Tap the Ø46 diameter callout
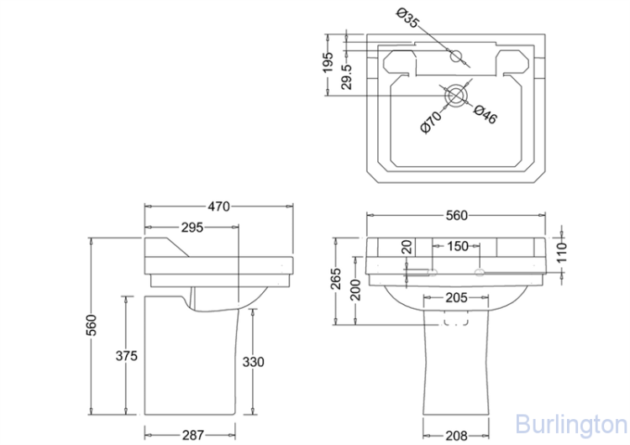tap(486, 114)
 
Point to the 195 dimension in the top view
tap(328, 62)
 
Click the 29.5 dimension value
tap(347, 73)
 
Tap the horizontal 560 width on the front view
tap(456, 216)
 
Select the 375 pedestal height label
tap(126, 356)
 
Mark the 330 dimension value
tap(254, 362)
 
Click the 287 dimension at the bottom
tap(193, 435)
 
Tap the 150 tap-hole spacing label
tap(458, 247)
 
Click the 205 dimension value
tap(456, 297)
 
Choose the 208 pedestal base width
tap(456, 435)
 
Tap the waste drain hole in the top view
tap(454, 96)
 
